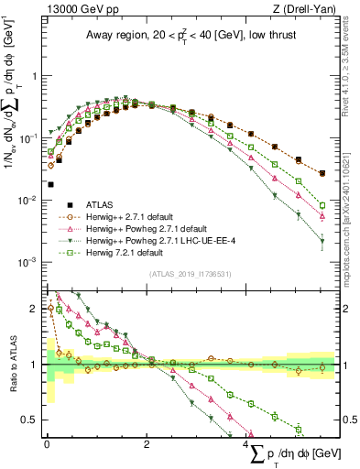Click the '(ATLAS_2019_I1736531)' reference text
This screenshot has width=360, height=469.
tap(190, 273)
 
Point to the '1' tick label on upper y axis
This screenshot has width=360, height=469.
tap(35, 77)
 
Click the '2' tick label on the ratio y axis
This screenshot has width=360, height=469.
tap(35, 309)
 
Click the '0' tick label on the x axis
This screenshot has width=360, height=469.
tap(47, 443)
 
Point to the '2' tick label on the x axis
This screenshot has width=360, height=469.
tap(147, 443)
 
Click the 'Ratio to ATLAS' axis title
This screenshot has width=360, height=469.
tap(12, 365)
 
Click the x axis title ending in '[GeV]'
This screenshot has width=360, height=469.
tap(292, 455)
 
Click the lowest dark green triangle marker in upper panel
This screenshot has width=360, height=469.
tap(321, 243)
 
